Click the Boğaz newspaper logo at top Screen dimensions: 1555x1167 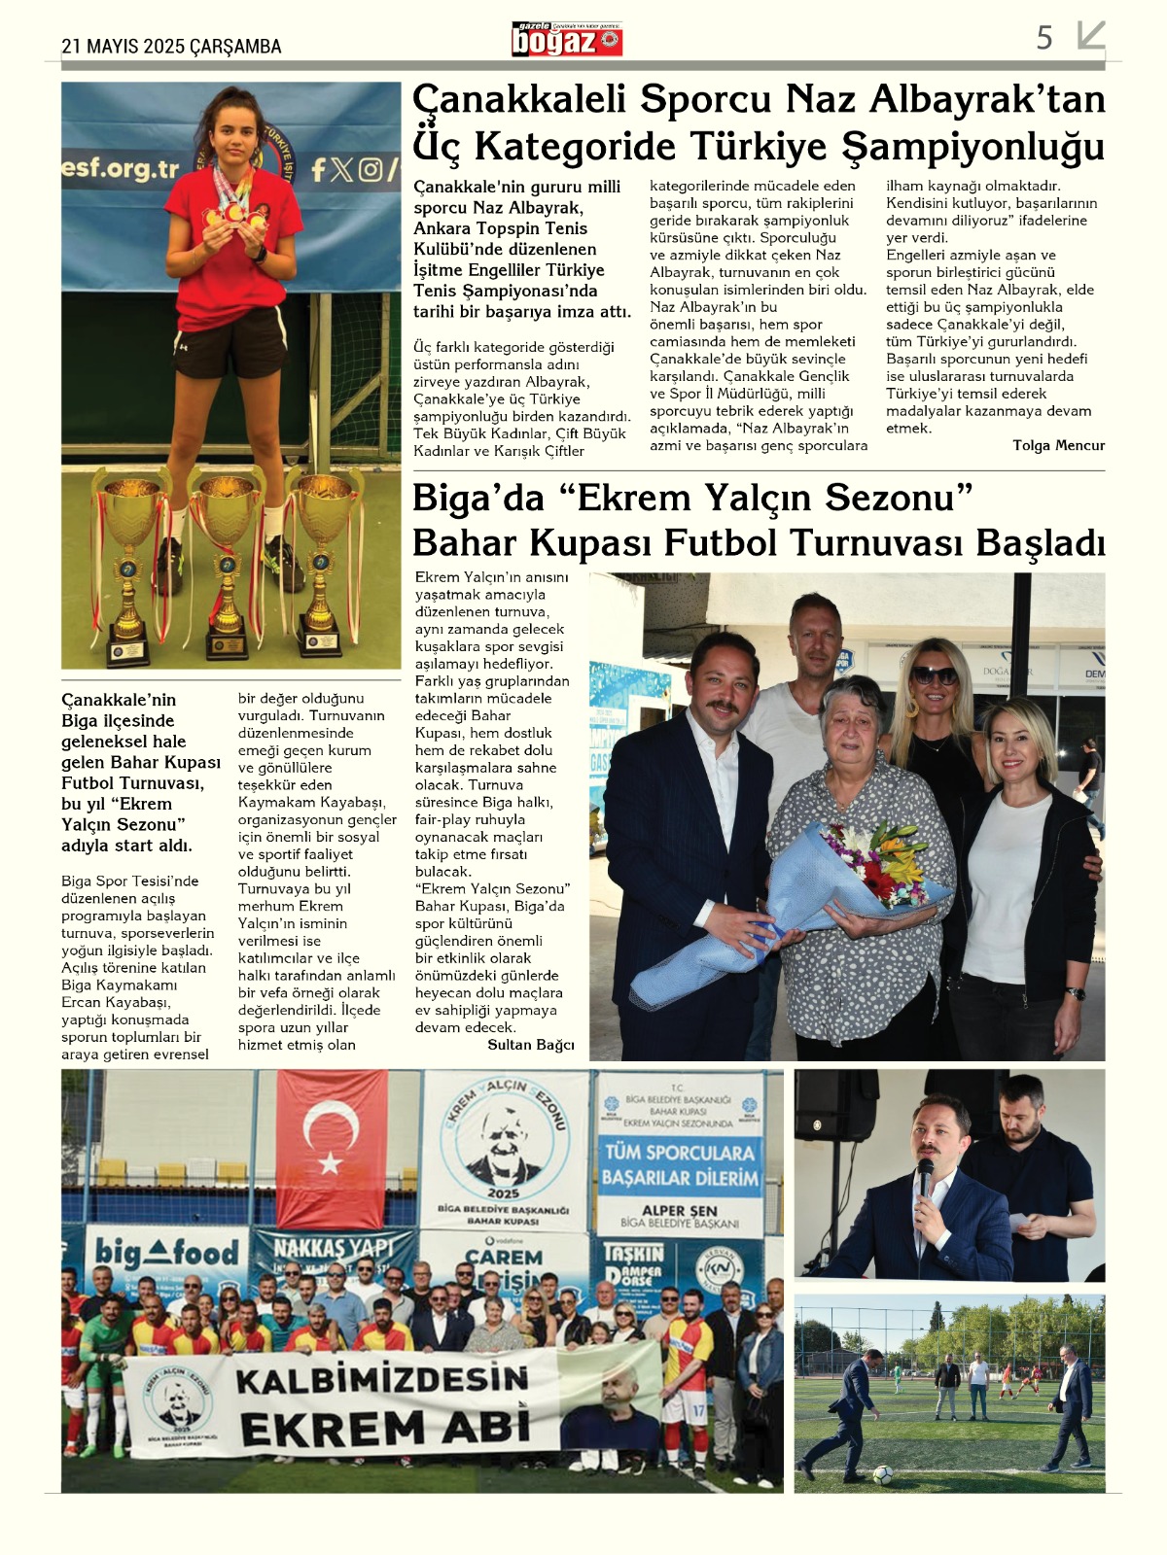pyautogui.click(x=567, y=39)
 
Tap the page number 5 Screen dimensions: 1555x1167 pyautogui.click(x=1044, y=38)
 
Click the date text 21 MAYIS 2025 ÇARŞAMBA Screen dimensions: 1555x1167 pyautogui.click(x=171, y=46)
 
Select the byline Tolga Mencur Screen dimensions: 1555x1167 pyautogui.click(x=1058, y=445)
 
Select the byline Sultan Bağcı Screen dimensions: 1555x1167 pyautogui.click(x=530, y=1045)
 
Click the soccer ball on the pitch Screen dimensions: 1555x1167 pyautogui.click(x=882, y=1473)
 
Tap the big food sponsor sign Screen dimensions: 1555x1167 pyautogui.click(x=166, y=1253)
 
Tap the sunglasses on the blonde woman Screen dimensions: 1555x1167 pyautogui.click(x=935, y=674)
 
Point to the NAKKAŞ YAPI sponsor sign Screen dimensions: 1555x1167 pyautogui.click(x=334, y=1248)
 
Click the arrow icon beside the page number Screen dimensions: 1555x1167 pyautogui.click(x=1091, y=36)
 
